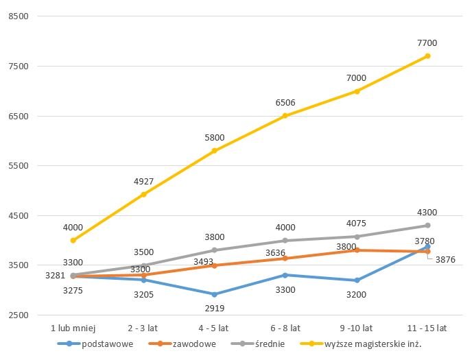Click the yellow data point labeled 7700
coord(427,56)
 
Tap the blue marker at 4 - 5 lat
coord(215,294)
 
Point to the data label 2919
coord(215,308)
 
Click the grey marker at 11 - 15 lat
coord(427,226)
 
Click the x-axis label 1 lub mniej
coord(73,328)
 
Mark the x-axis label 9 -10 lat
coord(356,328)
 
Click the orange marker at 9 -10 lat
coord(357,250)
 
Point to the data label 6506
coord(285,103)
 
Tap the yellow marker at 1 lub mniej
coord(73,241)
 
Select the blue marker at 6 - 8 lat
coord(285,275)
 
